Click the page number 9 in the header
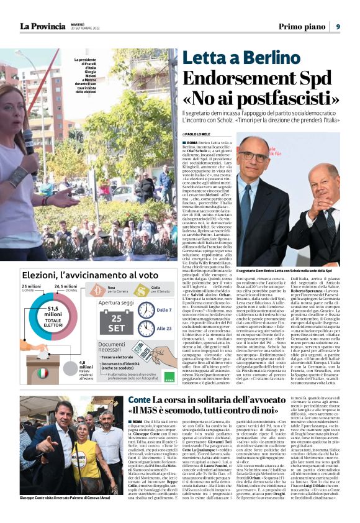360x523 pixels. click(338, 26)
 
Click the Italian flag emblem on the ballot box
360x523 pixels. click(43, 373)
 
